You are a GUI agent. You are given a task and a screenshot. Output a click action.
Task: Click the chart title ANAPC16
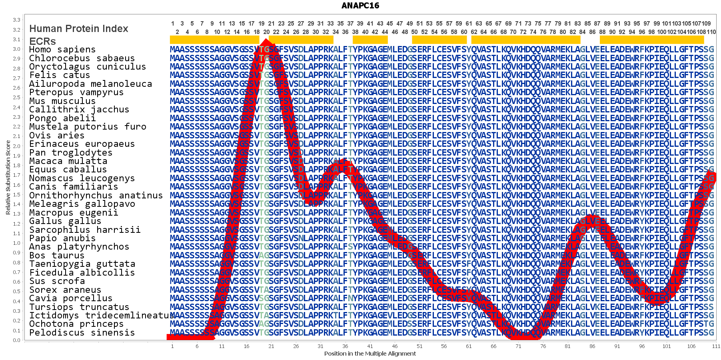pos(360,6)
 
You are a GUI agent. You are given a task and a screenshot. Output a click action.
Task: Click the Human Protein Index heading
pos(79,29)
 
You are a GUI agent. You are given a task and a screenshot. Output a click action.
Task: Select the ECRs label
pos(42,41)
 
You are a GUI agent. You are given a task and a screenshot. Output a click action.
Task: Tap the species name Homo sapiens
pos(62,50)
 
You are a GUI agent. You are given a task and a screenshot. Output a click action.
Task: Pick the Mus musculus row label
pos(62,101)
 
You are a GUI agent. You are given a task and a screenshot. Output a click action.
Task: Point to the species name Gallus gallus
pos(65,221)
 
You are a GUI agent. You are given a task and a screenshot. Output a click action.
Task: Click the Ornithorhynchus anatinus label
pos(96,195)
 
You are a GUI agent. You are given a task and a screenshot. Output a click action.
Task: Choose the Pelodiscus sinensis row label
pos(82,332)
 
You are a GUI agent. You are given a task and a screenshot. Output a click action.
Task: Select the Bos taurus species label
pos(57,255)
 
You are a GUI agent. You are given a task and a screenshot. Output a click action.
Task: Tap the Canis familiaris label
pos(74,186)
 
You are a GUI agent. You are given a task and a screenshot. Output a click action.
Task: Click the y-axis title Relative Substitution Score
pos(8,178)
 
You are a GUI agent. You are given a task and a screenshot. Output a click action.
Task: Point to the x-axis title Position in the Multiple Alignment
pos(370,354)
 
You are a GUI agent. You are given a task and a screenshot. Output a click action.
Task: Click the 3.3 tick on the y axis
pos(16,20)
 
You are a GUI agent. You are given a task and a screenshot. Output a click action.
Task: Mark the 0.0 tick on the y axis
pos(16,340)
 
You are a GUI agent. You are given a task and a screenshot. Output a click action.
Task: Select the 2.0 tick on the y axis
pos(16,146)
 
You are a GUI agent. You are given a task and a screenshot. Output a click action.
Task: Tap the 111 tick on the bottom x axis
pos(716,346)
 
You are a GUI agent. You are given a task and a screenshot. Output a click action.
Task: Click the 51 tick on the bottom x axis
pos(419,346)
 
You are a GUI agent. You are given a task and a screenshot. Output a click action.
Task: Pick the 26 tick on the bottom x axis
pos(296,346)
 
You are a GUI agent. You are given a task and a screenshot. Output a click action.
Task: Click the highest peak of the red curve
pos(266,42)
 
